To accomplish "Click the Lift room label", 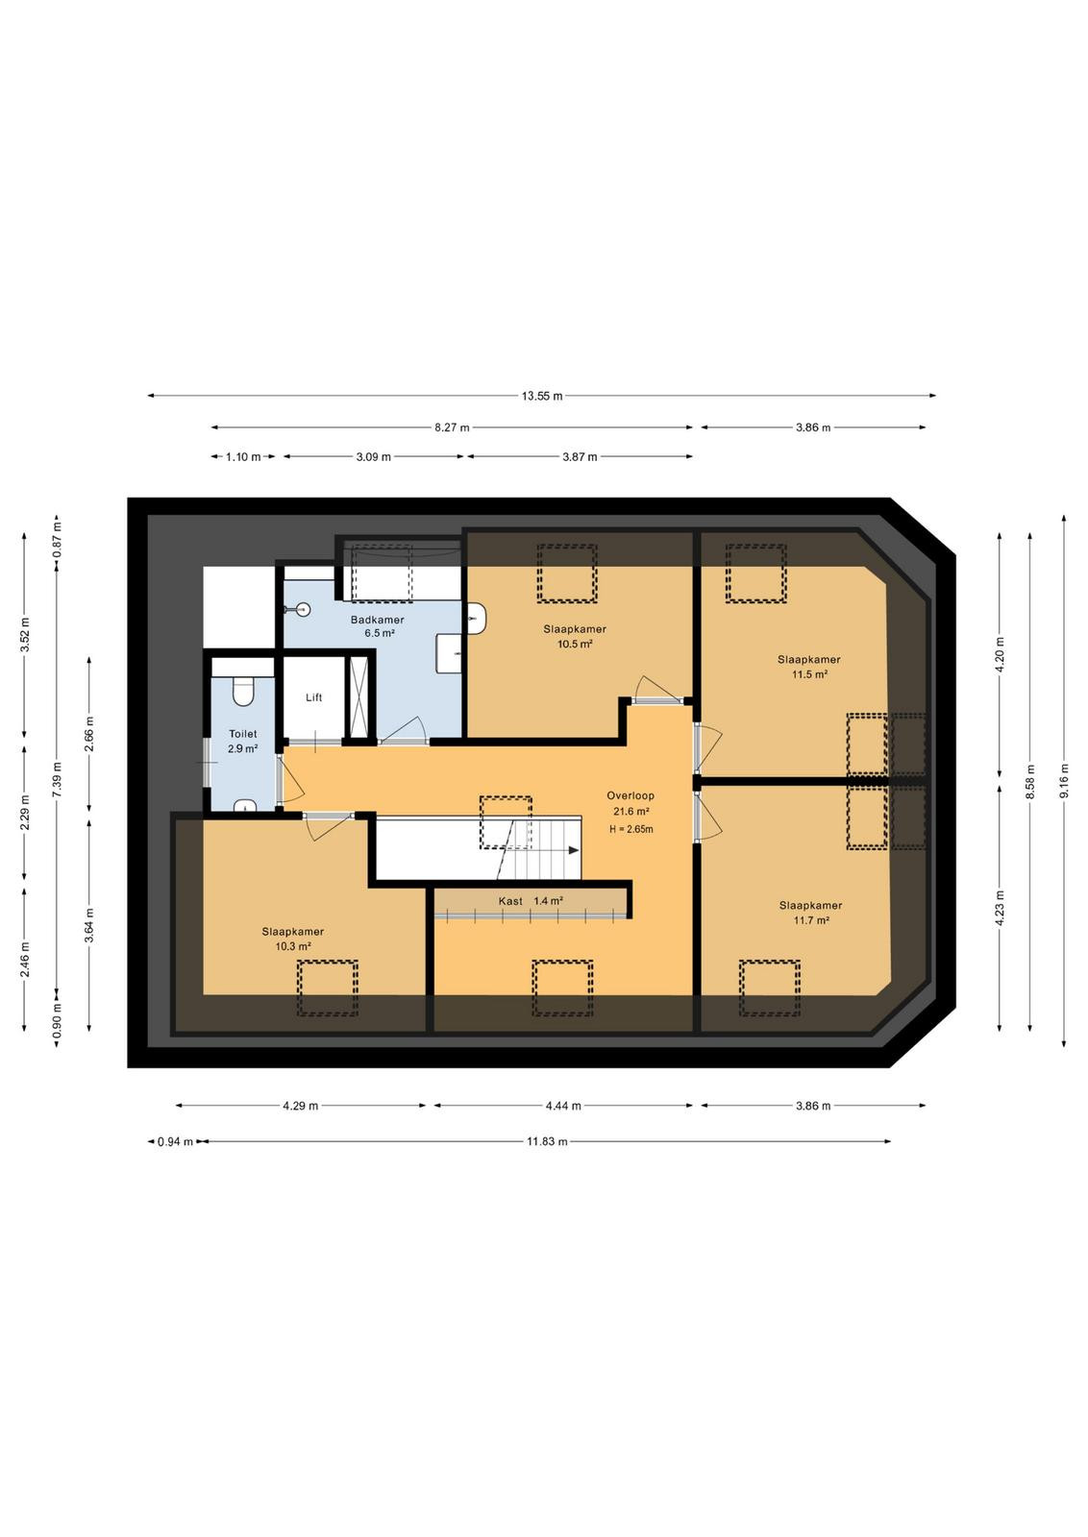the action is pyautogui.click(x=313, y=697).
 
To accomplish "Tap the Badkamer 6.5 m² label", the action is pyautogui.click(x=378, y=626).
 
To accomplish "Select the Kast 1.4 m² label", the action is pyautogui.click(x=531, y=901).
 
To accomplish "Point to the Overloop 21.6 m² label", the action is pyautogui.click(x=631, y=803).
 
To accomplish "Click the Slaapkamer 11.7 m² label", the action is pyautogui.click(x=810, y=913).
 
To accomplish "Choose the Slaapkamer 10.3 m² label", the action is pyautogui.click(x=292, y=939).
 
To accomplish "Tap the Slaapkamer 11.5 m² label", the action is pyautogui.click(x=808, y=667).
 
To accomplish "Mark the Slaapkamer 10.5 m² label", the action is pyautogui.click(x=575, y=636).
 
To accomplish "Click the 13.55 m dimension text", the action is pyautogui.click(x=542, y=396).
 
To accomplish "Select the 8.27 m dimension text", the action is pyautogui.click(x=452, y=427).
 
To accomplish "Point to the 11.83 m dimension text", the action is pyautogui.click(x=546, y=1142).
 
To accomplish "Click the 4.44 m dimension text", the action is pyautogui.click(x=563, y=1106).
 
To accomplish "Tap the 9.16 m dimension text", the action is pyautogui.click(x=1063, y=781).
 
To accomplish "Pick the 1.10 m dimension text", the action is pyautogui.click(x=243, y=456).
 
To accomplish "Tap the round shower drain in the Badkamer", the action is pyautogui.click(x=303, y=609).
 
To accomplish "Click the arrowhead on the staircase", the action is pyautogui.click(x=573, y=850).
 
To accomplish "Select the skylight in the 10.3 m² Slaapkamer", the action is pyautogui.click(x=328, y=988).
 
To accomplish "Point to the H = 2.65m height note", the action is pyautogui.click(x=631, y=829).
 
